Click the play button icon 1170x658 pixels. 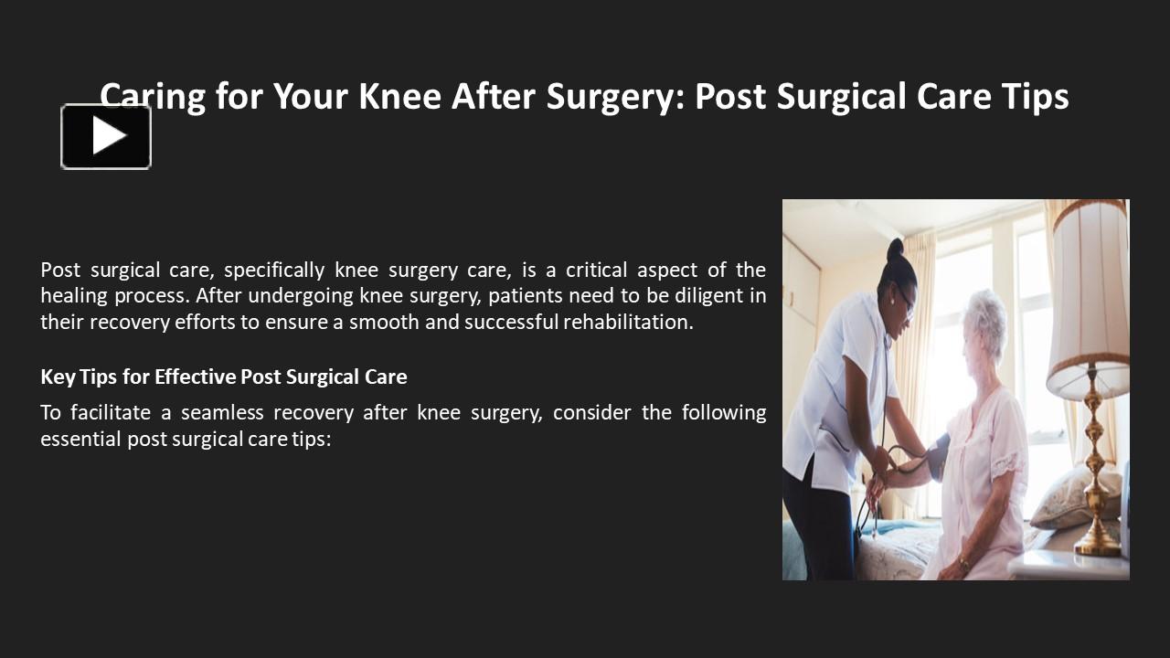pos(106,136)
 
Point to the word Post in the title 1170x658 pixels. pos(734,97)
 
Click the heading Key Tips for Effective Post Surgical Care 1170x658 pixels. pos(224,377)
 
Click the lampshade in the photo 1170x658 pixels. pos(1088,292)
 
